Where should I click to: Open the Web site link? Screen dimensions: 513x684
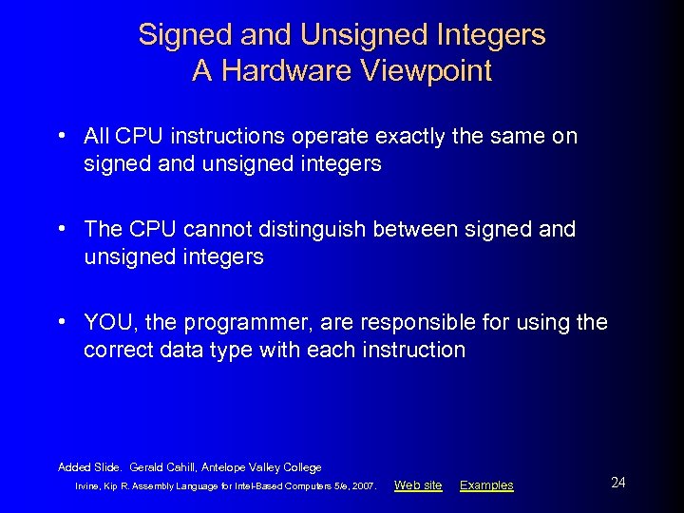click(418, 485)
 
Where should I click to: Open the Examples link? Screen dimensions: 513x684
click(486, 485)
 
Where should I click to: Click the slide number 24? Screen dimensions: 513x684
click(618, 483)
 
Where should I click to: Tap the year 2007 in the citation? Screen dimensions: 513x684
click(363, 486)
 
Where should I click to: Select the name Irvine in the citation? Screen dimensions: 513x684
click(88, 486)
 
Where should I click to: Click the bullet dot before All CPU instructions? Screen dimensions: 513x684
click(62, 135)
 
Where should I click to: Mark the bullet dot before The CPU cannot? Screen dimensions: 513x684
click(62, 228)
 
